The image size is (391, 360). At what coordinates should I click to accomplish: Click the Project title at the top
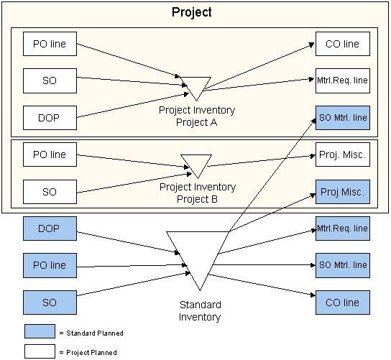coord(192,12)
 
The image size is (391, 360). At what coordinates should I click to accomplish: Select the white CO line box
coord(343,44)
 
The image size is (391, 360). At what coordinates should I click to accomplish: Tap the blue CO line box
coord(343,303)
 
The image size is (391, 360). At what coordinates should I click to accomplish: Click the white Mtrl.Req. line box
coord(343,80)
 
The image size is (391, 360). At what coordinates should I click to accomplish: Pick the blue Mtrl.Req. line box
coord(343,229)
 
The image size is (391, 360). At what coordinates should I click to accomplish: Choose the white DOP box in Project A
coord(50,118)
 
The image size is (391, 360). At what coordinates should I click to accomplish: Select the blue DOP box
coord(50,229)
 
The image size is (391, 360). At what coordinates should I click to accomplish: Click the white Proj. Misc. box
coord(343,154)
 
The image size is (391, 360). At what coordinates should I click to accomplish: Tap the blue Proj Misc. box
coord(343,192)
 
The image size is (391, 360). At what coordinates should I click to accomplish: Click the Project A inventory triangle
coord(195,86)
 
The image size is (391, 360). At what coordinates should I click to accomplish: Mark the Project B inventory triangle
coord(196,163)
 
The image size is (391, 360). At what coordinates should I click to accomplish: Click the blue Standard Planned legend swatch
coord(40,331)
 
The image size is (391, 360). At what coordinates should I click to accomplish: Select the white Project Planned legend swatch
coord(40,351)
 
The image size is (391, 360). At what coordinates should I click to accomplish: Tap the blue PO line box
coord(50,265)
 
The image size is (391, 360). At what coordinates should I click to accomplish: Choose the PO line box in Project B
coord(50,154)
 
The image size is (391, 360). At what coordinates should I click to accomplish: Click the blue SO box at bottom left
coord(50,303)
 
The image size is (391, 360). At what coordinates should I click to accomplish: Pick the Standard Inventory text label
coord(200,311)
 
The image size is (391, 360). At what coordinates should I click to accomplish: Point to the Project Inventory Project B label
coord(198,193)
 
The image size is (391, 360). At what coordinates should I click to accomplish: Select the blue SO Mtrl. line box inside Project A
coord(343,118)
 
